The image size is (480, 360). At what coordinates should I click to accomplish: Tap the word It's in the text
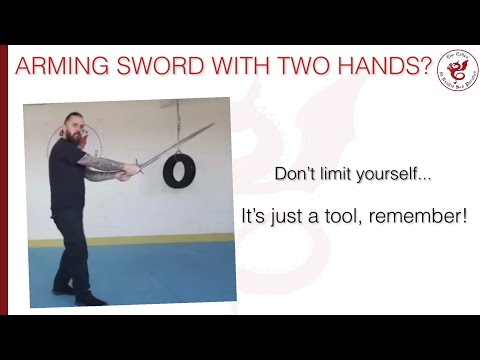[256, 215]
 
